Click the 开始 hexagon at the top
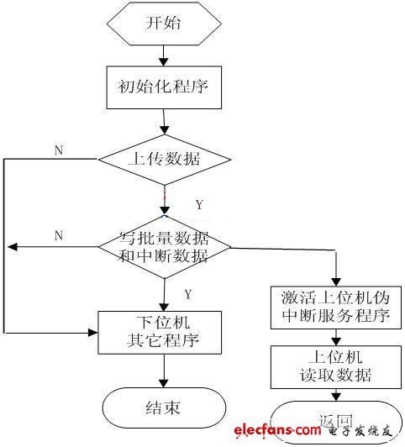(x=163, y=24)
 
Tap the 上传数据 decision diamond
(x=163, y=157)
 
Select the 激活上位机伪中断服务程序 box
(x=335, y=308)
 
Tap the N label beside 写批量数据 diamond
(x=59, y=236)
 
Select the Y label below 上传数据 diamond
(x=198, y=204)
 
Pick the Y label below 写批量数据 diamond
(x=188, y=293)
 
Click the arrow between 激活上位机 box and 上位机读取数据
(x=335, y=338)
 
